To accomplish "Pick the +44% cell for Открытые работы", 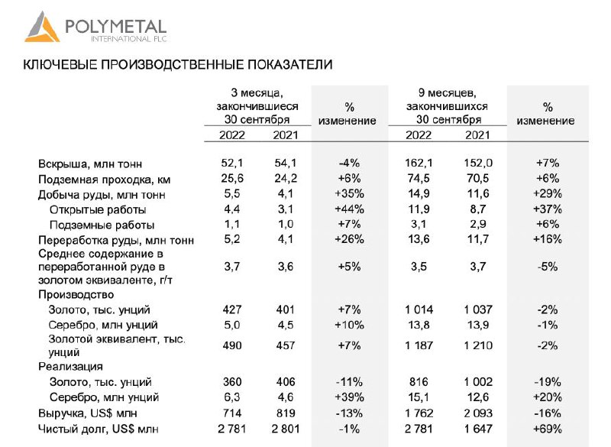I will point(348,209).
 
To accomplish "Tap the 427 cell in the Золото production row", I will point(231,309).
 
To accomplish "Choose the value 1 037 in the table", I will point(477,309).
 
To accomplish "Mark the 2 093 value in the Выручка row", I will point(477,413).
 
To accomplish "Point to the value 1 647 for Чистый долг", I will point(477,428).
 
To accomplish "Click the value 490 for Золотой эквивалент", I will point(231,345).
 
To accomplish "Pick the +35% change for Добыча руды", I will point(348,194).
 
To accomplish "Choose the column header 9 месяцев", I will point(448,92).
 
